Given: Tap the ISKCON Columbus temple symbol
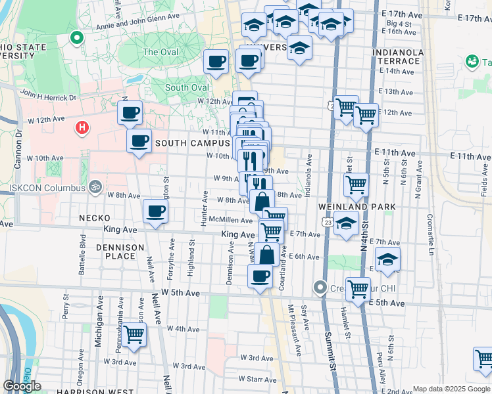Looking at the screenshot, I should (x=95, y=186).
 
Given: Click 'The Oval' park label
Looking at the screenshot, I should (x=160, y=52).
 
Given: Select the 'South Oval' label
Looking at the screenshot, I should (x=187, y=87).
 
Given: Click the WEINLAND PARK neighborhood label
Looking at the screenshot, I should (x=366, y=207).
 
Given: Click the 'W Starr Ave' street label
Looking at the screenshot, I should (x=256, y=379).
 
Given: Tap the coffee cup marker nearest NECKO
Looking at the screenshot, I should (x=155, y=211).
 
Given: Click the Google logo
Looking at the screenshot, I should (x=22, y=386).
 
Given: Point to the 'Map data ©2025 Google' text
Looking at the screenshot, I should (x=451, y=389).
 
